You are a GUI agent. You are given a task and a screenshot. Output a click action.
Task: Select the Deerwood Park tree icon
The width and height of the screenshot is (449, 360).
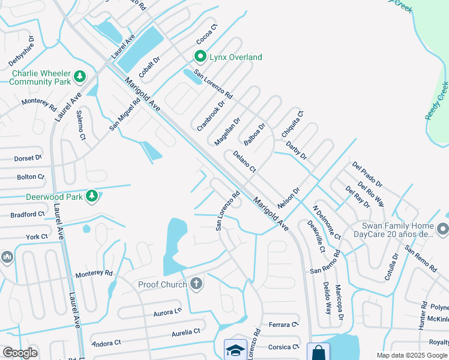[91, 196]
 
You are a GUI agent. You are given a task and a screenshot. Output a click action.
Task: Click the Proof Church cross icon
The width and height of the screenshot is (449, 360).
[196, 284]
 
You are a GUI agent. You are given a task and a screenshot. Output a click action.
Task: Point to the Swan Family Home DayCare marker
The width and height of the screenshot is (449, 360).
[443, 229]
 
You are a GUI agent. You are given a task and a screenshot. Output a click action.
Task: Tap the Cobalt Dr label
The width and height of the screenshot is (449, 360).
[149, 69]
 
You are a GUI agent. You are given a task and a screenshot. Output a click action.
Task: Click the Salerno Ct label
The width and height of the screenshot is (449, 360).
[80, 125]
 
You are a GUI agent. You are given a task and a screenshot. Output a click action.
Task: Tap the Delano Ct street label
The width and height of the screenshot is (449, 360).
[244, 161]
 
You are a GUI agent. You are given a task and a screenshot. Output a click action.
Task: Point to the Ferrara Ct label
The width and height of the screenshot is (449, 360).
[283, 325]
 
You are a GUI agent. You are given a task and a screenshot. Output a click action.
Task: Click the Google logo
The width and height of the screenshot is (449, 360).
[20, 353]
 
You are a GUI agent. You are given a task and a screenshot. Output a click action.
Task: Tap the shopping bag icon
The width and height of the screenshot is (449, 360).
[318, 352]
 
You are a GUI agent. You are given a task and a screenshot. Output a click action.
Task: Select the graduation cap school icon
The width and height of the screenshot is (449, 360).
[235, 350]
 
